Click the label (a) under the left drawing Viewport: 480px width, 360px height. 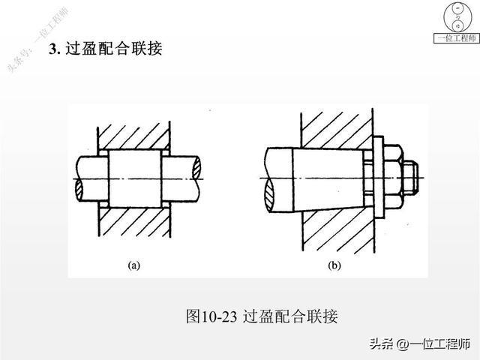point(134,265)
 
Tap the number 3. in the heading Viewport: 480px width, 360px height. point(54,49)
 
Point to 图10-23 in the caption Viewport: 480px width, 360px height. point(212,316)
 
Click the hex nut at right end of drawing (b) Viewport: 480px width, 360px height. point(409,177)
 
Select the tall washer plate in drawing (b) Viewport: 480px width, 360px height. point(380,178)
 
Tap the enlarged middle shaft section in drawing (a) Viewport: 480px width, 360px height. point(137,178)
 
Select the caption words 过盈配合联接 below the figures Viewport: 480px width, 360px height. point(292,316)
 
